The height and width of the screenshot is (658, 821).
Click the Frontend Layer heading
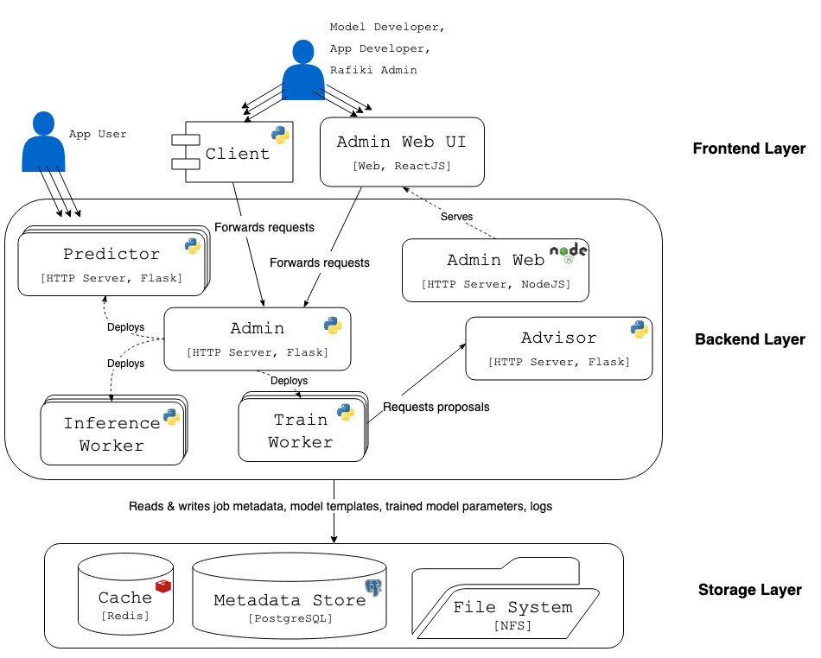[x=748, y=149]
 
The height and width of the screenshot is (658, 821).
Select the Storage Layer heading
[x=749, y=591]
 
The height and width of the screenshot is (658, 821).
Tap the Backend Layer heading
[x=749, y=339]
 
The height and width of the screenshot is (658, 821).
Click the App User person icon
[x=43, y=142]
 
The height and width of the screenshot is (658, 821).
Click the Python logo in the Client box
[x=280, y=135]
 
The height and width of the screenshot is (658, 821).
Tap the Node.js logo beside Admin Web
[x=569, y=251]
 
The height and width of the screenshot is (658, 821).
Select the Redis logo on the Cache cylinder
[x=162, y=587]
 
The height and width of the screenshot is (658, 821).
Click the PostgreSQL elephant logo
[x=373, y=589]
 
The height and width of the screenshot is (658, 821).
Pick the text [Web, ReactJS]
[x=401, y=165]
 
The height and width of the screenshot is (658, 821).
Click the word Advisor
[x=558, y=338]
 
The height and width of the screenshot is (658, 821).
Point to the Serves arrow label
[x=456, y=216]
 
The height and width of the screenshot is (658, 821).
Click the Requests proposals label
[x=436, y=407]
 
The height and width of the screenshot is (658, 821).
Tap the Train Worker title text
[x=300, y=431]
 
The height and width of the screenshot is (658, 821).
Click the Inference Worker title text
[x=111, y=434]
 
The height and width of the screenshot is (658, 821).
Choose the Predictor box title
[x=111, y=254]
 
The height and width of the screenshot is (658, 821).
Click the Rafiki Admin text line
[x=373, y=70]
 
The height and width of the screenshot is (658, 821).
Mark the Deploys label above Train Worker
[x=289, y=380]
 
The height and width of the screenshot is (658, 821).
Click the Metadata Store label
[x=289, y=600]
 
